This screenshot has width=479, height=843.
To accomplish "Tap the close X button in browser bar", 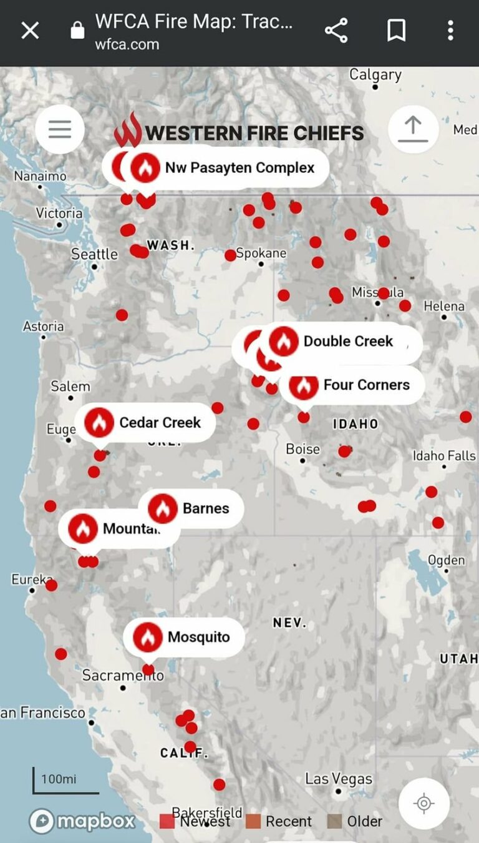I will tap(30, 30).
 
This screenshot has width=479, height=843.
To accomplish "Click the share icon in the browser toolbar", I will tap(336, 30).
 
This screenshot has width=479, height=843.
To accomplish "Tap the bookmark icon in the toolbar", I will tap(396, 30).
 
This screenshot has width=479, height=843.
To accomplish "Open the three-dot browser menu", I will tap(450, 30).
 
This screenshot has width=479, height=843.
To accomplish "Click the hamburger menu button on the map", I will tap(60, 130).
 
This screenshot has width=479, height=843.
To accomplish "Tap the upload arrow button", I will tap(412, 130).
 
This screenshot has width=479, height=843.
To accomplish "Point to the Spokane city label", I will tap(261, 254).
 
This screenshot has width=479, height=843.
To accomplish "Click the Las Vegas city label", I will tap(338, 779).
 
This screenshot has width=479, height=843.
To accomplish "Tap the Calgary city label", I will tap(375, 75).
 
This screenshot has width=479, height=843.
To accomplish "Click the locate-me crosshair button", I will tap(423, 803).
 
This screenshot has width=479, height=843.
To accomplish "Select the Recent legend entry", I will tap(279, 821).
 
